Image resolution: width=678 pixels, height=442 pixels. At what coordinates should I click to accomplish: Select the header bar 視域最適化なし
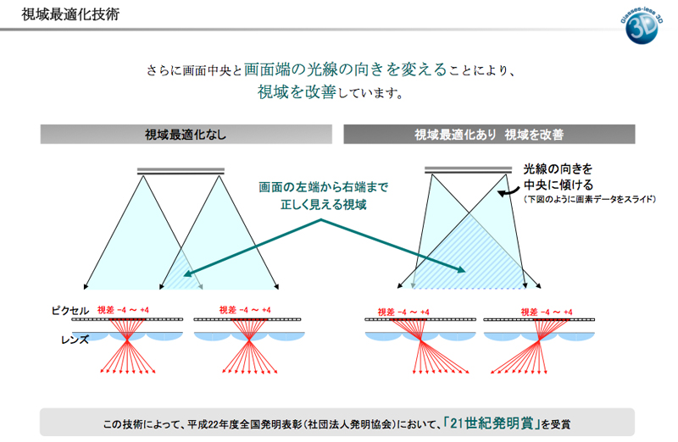[185, 134]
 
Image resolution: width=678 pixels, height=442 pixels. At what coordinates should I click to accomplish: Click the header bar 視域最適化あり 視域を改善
[488, 134]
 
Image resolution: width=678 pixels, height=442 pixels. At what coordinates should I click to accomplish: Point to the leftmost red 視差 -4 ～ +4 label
[124, 310]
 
